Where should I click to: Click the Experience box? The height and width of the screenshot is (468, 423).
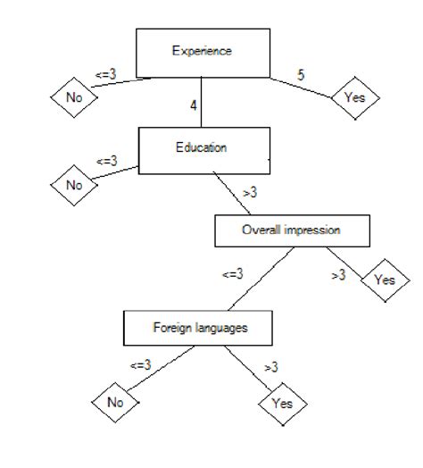pos(202,52)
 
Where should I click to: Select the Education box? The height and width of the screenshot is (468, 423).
pos(202,147)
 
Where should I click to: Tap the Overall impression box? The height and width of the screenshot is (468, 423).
pos(292,230)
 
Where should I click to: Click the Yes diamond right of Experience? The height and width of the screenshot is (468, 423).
pos(354,96)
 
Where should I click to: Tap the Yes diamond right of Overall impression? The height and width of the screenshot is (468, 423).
pos(384,280)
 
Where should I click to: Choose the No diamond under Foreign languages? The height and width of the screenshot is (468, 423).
pos(115,402)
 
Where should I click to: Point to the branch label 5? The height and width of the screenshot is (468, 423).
pos(301,74)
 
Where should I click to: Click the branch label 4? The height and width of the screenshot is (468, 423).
pos(194,105)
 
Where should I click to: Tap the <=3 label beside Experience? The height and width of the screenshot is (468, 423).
pos(105,74)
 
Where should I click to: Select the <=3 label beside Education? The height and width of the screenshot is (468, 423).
pos(105,162)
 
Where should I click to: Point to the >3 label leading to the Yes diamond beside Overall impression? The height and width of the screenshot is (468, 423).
pos(338,275)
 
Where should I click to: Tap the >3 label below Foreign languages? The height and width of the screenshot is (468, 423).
pos(270,366)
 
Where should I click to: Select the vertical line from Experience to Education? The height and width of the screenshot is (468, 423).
pos(202,100)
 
